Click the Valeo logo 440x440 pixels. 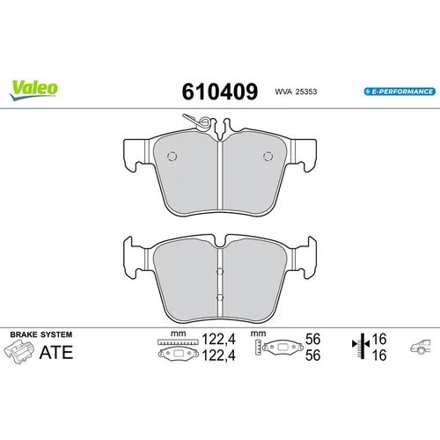coord(33,90)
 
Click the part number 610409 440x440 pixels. coord(220,92)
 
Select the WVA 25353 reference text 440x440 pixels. coord(296,92)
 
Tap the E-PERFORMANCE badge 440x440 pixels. coord(400,92)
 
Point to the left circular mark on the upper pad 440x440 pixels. coord(172,156)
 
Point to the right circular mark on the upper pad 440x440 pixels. coord(268,156)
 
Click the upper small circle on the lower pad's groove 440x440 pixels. coord(220,272)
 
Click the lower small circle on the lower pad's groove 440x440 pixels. coord(220,297)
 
